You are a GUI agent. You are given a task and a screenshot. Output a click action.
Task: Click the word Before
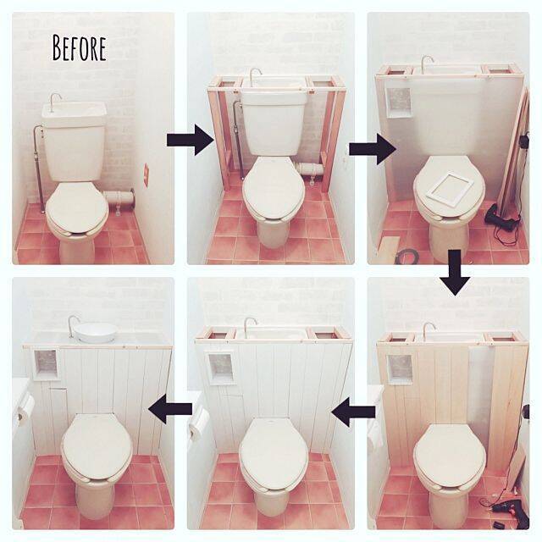point(79,48)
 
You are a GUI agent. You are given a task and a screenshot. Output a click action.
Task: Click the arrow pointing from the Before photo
point(191,140)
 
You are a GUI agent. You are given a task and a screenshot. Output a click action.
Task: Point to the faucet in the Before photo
point(55,102)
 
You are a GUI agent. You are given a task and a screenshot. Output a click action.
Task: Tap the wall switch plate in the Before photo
point(146,175)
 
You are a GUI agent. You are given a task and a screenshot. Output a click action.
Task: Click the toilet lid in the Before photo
point(76,207)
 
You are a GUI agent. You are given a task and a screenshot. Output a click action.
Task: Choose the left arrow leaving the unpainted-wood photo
point(353,412)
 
